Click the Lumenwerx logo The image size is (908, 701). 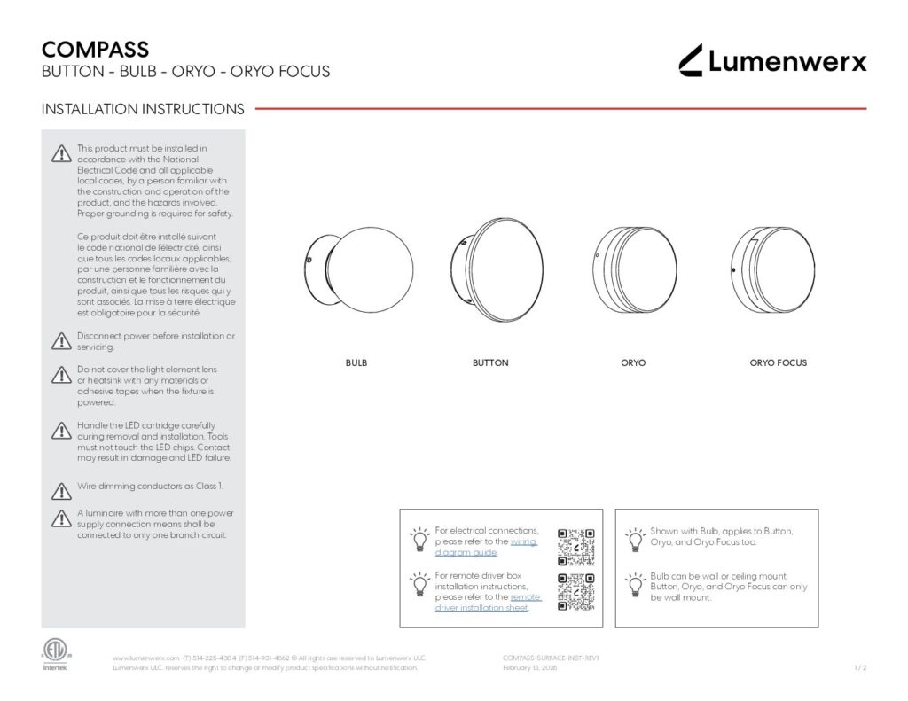click(772, 60)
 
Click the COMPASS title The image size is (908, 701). click(95, 50)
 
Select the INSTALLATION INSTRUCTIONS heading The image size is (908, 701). click(143, 109)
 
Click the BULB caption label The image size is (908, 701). click(356, 363)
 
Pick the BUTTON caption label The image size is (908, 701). click(490, 363)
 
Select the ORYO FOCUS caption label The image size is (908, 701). click(778, 363)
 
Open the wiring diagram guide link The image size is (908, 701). click(486, 547)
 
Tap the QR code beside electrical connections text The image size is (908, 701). click(575, 547)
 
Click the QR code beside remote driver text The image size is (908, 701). click(575, 592)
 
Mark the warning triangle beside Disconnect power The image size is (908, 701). click(60, 340)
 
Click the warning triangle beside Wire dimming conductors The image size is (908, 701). click(60, 490)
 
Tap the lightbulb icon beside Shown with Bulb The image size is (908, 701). click(635, 537)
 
